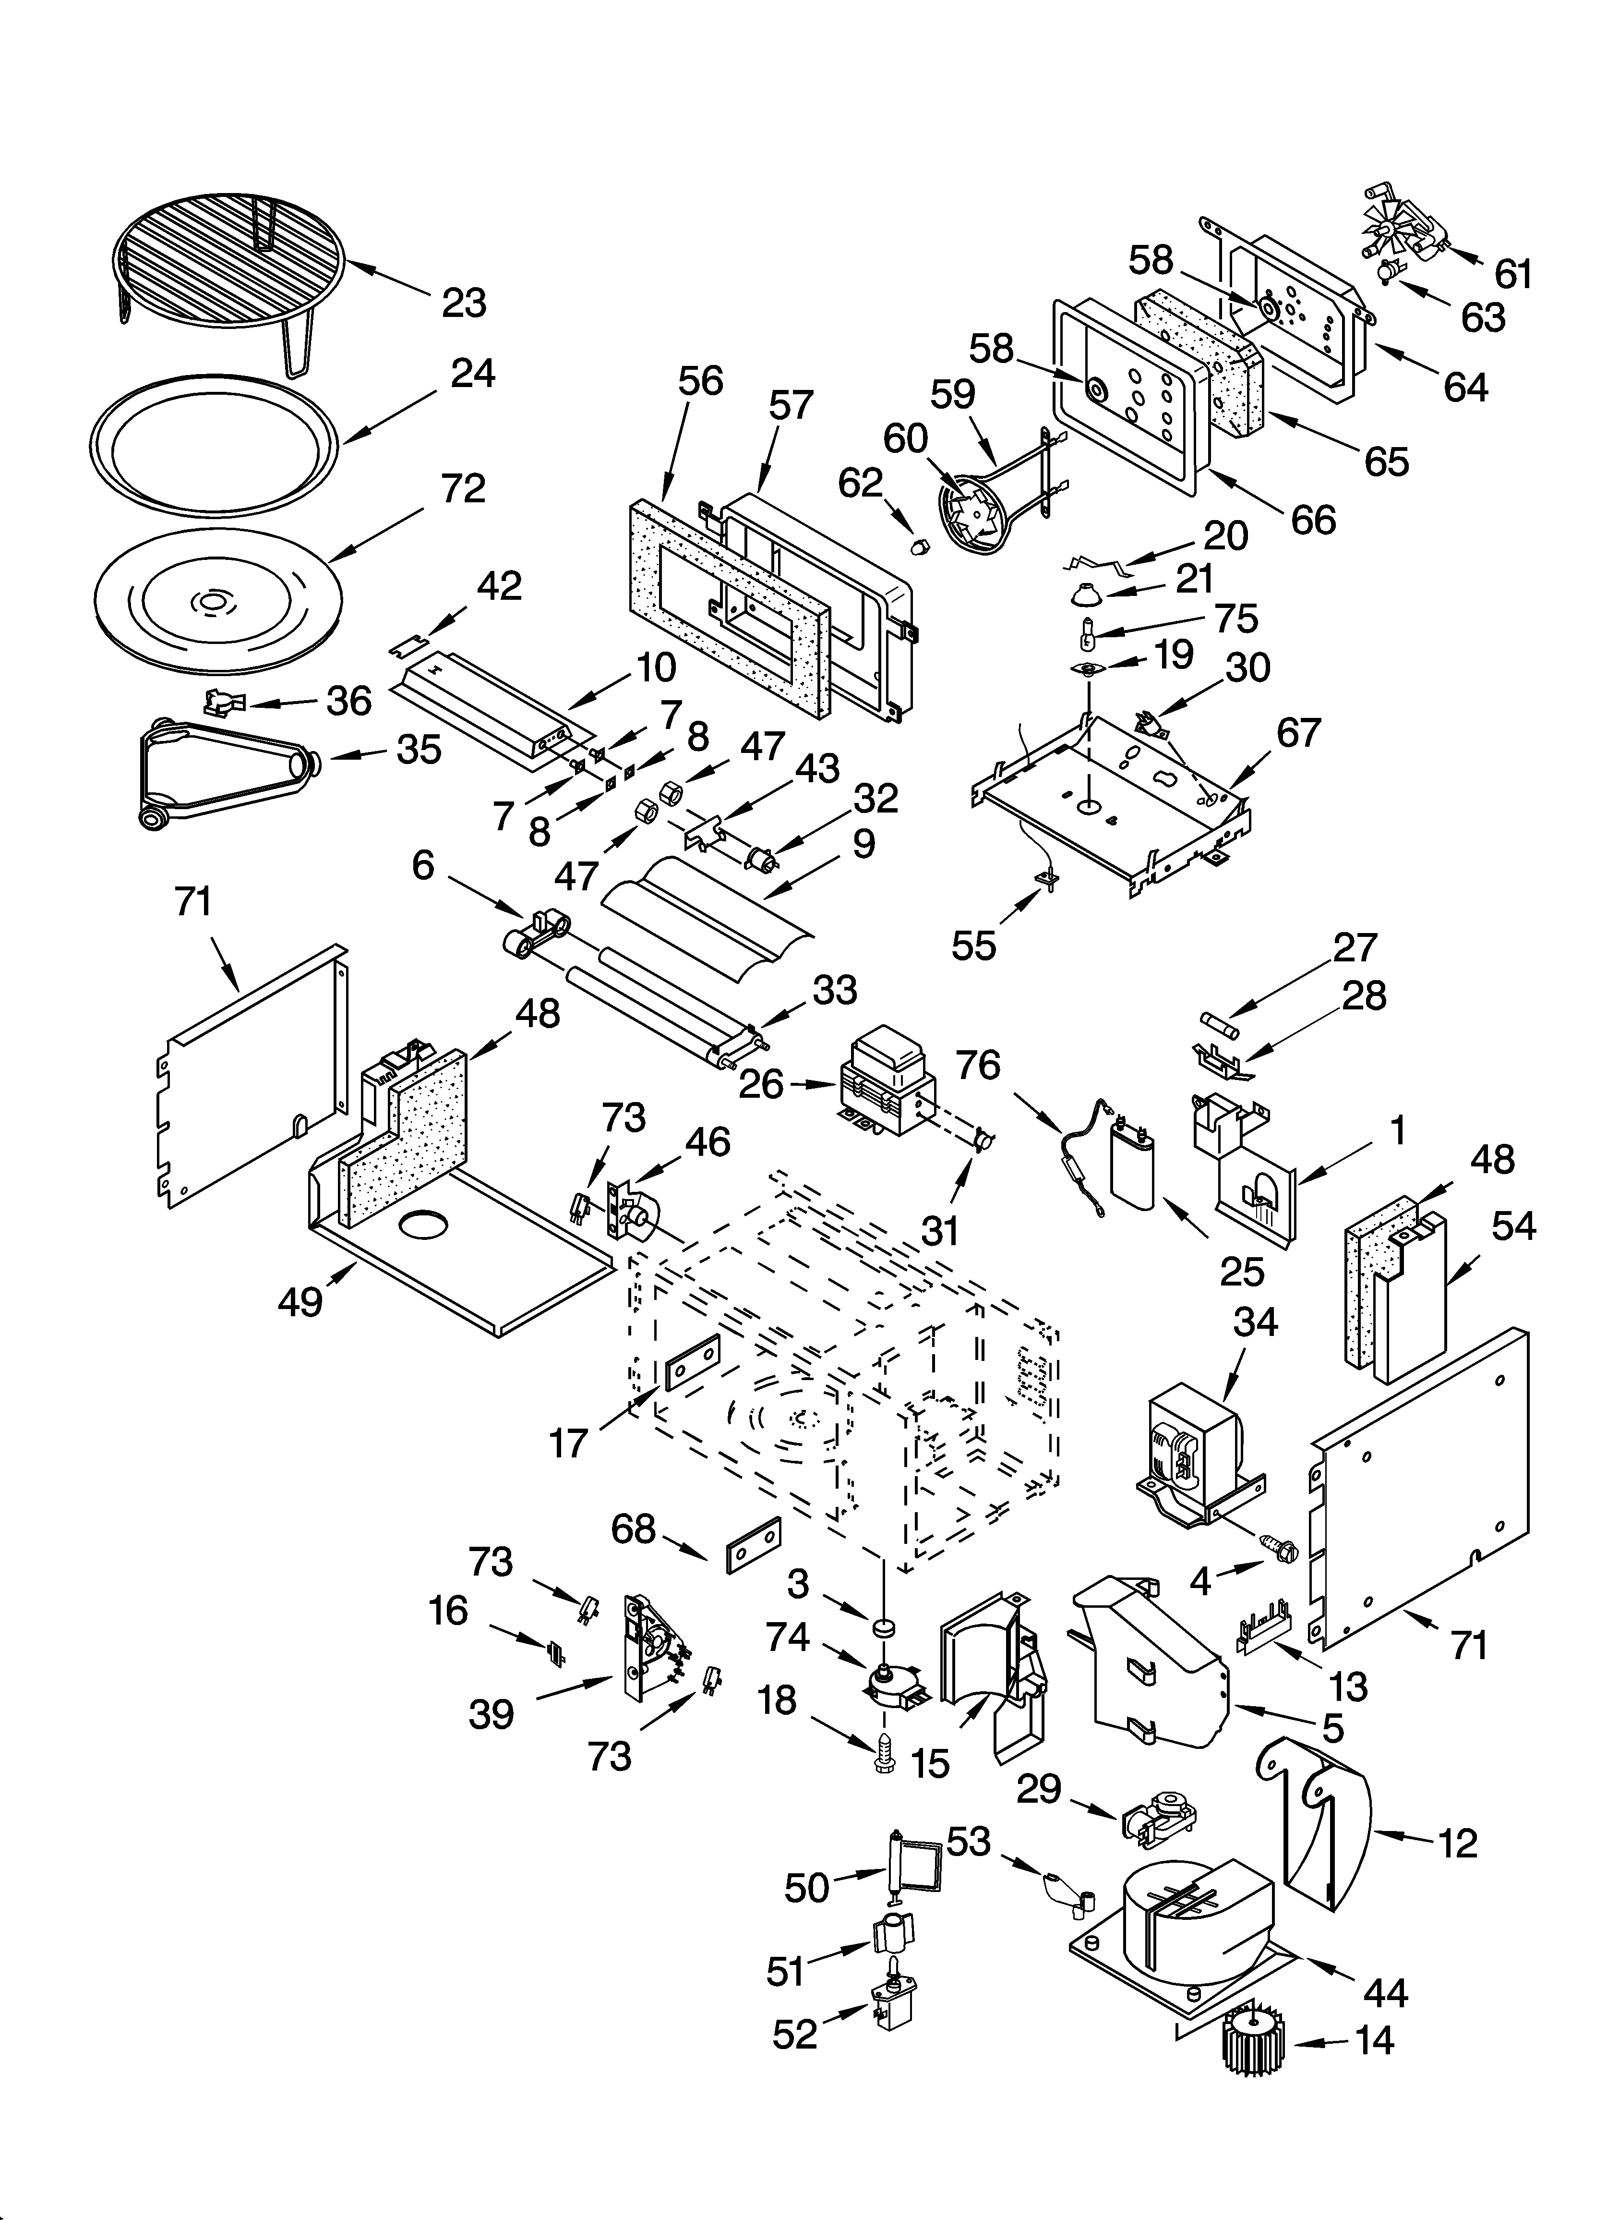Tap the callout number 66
1313,520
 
